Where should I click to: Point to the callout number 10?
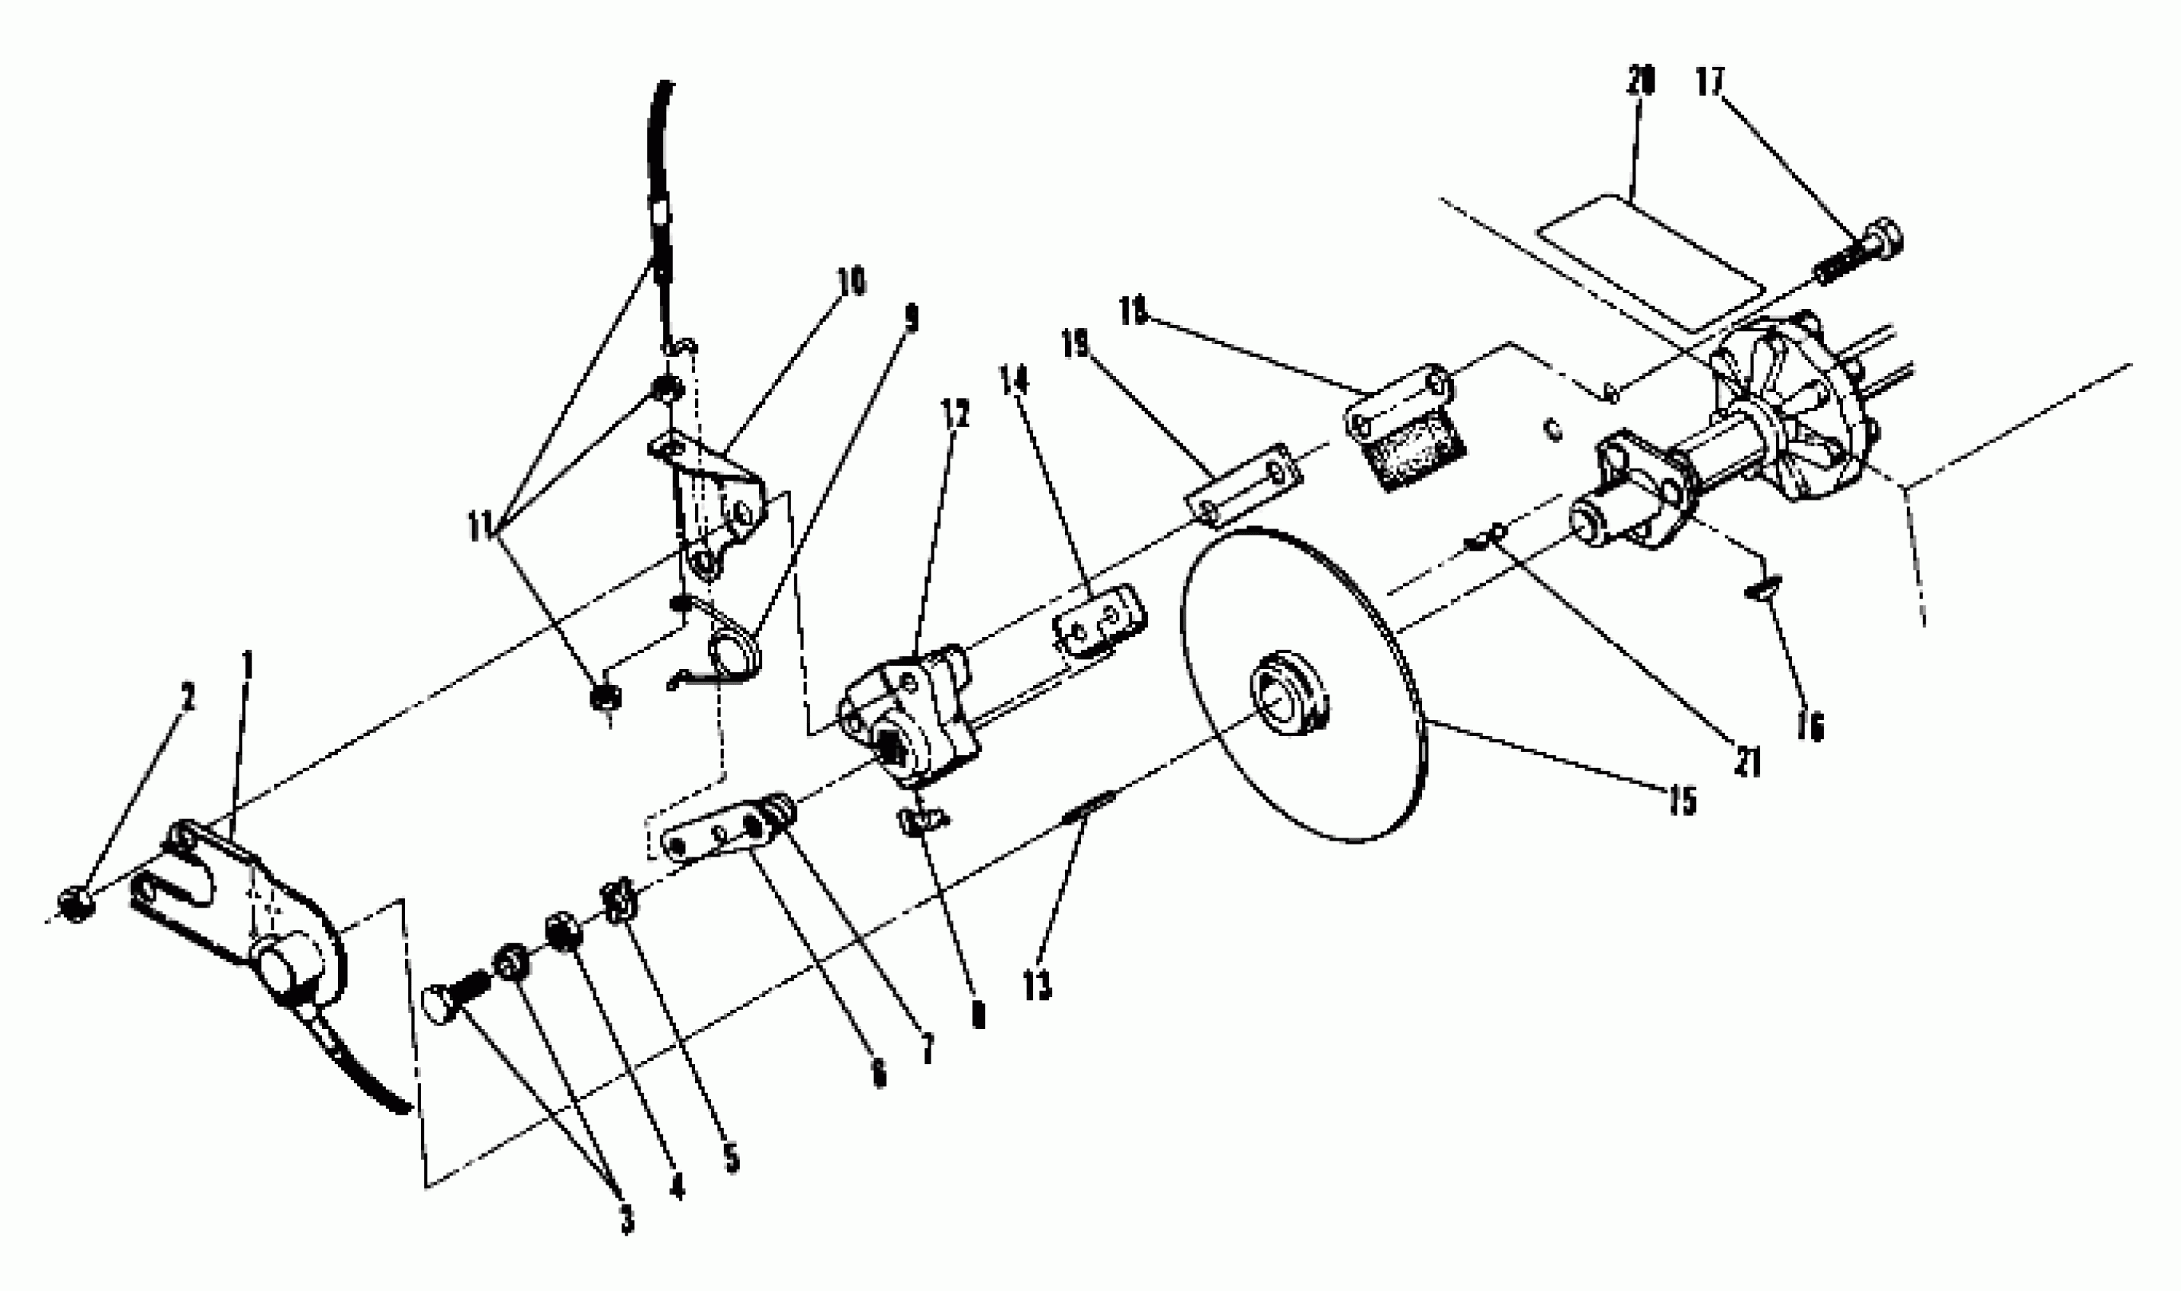[x=851, y=282]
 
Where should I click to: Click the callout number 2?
[x=187, y=696]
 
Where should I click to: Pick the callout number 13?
[x=1037, y=986]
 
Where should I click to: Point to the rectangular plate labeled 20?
[x=1650, y=263]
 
